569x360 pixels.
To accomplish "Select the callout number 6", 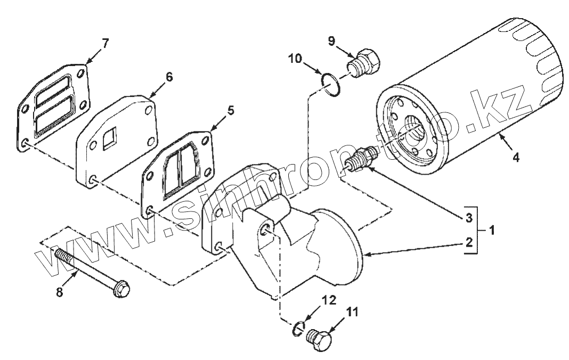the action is coord(169,76).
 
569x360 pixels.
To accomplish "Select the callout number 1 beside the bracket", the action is coord(491,231).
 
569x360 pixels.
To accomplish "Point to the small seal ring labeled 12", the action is coord(298,329).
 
